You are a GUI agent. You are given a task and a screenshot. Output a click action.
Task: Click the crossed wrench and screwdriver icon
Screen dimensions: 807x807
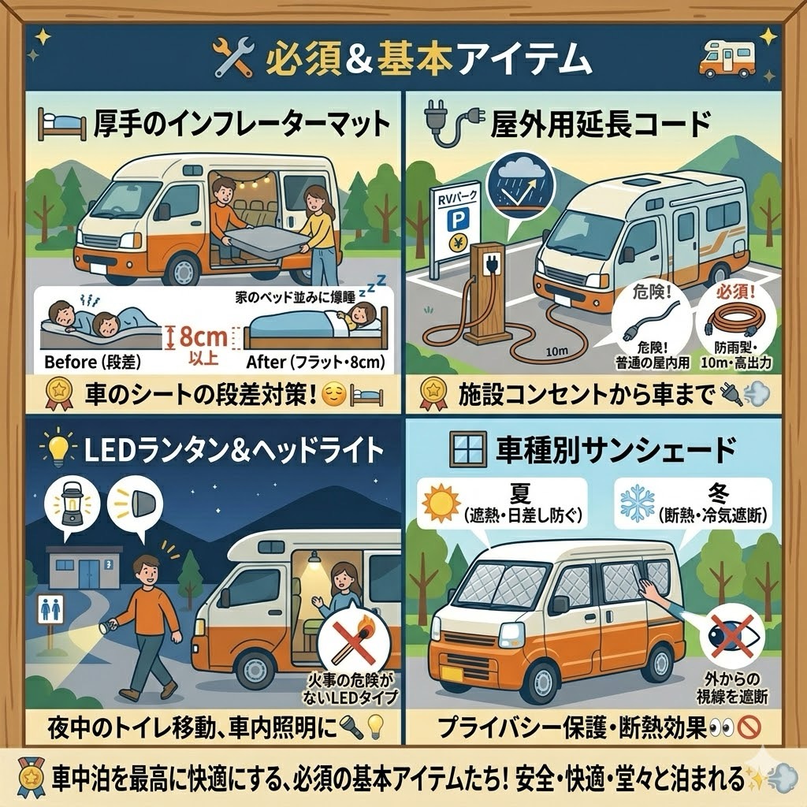point(233,57)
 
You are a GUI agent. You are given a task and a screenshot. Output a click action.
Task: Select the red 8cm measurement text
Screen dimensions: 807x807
point(203,337)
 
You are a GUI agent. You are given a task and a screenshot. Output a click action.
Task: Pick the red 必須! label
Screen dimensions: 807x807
point(735,292)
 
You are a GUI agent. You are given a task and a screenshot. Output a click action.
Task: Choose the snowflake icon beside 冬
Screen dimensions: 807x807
point(638,503)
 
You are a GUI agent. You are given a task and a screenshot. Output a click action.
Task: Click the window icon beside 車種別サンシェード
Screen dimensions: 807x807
point(468,448)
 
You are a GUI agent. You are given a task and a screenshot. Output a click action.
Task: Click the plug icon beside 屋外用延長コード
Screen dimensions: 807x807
point(453,124)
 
